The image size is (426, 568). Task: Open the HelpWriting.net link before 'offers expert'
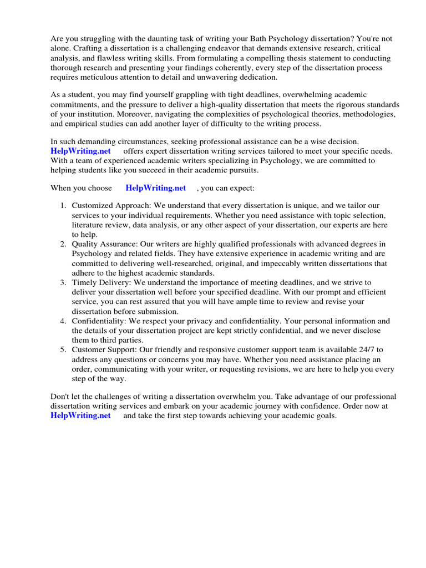(x=80, y=151)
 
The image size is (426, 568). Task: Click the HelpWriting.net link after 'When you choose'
(x=156, y=188)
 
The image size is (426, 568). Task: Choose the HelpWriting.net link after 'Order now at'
(x=80, y=415)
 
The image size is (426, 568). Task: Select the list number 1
(x=63, y=206)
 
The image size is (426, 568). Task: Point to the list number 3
(x=63, y=282)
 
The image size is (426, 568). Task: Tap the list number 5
(x=63, y=349)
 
